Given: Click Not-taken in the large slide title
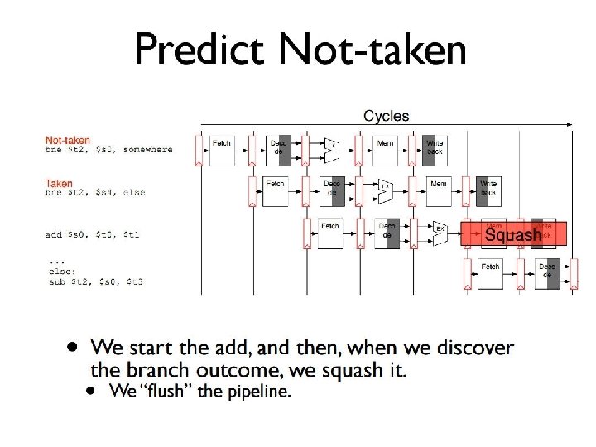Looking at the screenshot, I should (x=372, y=50).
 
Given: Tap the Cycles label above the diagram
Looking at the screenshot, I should (x=386, y=116).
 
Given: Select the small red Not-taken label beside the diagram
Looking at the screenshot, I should (x=68, y=140).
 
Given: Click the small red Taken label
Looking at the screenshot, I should (x=59, y=183).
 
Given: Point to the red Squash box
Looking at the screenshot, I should (x=513, y=235).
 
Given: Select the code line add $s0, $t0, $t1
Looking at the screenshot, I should (x=93, y=234).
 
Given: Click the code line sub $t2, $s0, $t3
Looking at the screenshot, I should (x=96, y=281).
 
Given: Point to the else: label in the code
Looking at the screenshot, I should (x=60, y=270).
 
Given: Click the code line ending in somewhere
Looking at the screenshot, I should (x=108, y=150).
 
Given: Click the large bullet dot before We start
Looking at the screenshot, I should (x=74, y=346).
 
